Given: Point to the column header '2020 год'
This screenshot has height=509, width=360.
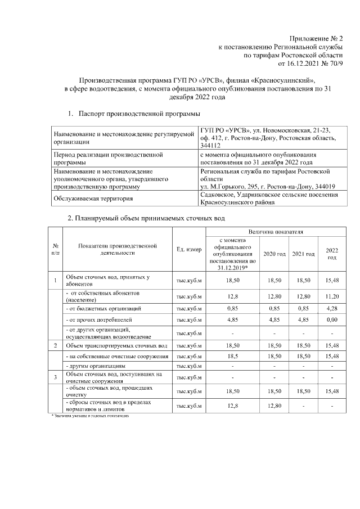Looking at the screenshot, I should coord(274,255).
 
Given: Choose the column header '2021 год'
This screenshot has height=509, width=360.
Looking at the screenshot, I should coord(304,255).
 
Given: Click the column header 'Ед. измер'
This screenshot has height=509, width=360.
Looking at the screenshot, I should coord(188,250).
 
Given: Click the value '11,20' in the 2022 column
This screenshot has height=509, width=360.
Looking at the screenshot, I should coord(332,295).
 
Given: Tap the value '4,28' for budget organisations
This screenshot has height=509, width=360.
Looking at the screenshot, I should coord(332,308).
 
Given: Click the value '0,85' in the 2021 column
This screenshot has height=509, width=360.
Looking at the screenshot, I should coord(304,308).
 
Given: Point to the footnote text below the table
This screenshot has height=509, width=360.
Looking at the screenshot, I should coord(89,416).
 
